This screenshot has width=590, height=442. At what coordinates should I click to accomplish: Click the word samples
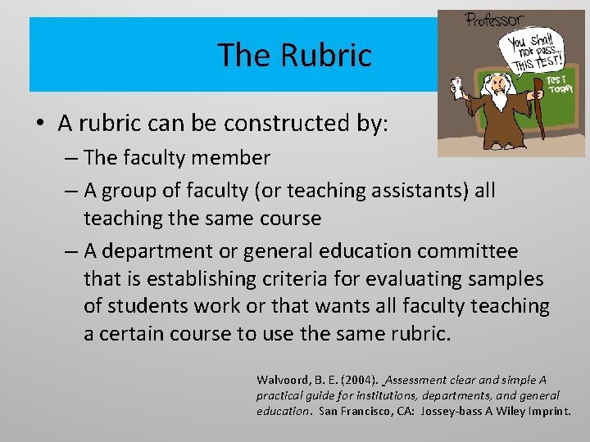(506, 278)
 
